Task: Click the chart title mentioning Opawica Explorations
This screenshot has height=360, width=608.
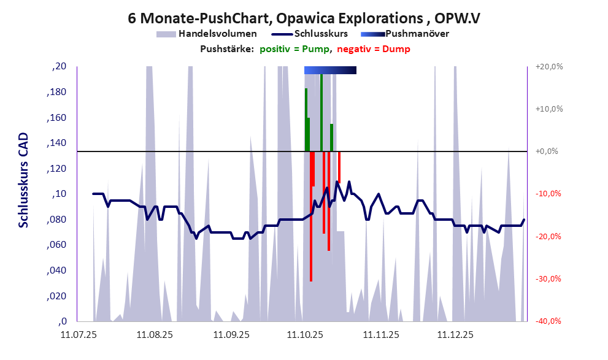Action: tap(304, 18)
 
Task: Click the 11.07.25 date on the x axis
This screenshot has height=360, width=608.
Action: tap(78, 335)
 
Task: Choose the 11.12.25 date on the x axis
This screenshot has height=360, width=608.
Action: tap(455, 335)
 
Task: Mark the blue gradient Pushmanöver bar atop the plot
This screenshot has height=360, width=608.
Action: tap(330, 71)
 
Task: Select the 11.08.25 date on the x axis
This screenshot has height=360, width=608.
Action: tap(154, 335)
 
